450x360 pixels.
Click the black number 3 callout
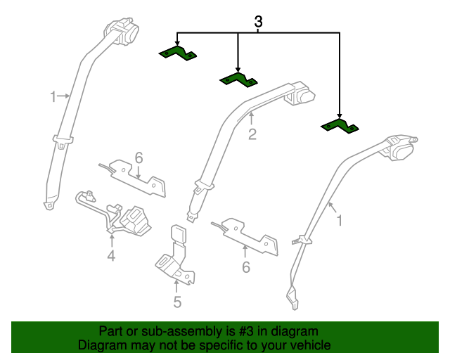click(x=258, y=22)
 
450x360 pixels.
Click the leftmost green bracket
click(x=177, y=53)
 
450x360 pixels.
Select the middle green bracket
click(x=238, y=79)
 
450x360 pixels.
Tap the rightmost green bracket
click(x=340, y=127)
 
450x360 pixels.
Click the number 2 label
click(x=252, y=134)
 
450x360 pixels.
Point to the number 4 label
click(x=111, y=255)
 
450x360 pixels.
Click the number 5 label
click(x=177, y=302)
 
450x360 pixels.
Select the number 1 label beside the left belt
click(x=53, y=97)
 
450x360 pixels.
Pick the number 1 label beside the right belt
click(x=340, y=221)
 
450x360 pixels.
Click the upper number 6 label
click(x=139, y=158)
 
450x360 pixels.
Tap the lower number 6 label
click(x=246, y=267)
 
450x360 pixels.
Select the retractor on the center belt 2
click(x=300, y=94)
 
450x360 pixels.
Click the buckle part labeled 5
click(x=176, y=255)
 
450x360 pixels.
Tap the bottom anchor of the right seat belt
click(x=292, y=297)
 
